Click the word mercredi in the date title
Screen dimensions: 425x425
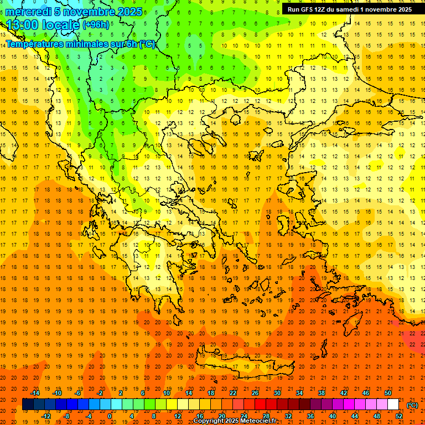click(28, 12)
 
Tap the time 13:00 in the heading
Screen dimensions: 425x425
click(24, 25)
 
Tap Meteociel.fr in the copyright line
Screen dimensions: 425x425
click(258, 421)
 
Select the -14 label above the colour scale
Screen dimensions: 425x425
click(36, 393)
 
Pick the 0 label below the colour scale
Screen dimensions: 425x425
click(109, 416)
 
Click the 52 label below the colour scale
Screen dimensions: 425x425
click(399, 416)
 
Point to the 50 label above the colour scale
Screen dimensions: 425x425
click(388, 393)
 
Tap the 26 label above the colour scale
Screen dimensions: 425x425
click(255, 393)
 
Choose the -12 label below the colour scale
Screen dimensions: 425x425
click(46, 416)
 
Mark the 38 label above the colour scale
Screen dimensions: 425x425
click(322, 393)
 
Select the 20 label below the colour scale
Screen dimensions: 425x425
click(222, 416)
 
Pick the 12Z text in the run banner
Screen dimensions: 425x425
click(320, 9)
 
